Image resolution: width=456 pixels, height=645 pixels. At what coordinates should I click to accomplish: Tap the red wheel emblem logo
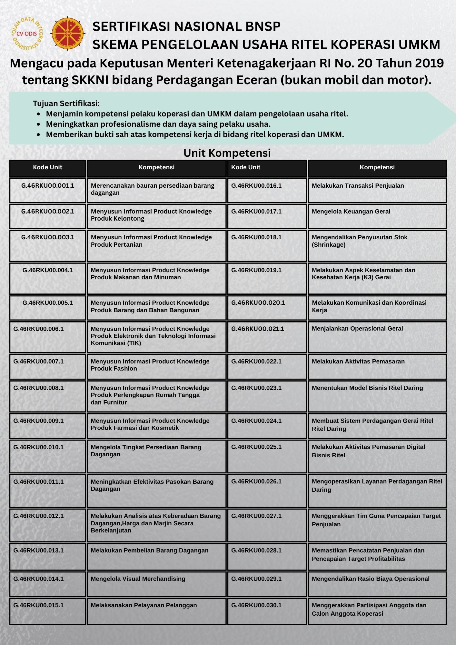[68, 34]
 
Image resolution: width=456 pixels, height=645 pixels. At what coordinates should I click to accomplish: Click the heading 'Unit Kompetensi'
[227, 153]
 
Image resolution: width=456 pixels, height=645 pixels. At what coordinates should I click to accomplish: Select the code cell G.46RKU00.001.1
[48, 186]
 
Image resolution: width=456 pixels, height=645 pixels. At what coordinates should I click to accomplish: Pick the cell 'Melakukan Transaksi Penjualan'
[358, 186]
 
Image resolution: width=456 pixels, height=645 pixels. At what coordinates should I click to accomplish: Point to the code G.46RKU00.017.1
[256, 212]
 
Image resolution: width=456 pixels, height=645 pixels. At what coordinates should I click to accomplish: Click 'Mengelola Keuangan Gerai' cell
[351, 212]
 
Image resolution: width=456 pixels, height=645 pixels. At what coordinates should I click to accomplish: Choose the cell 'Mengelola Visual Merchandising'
[138, 579]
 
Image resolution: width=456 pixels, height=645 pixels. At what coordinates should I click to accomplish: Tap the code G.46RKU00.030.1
[256, 605]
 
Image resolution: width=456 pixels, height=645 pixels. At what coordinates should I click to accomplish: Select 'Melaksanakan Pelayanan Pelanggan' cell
[144, 605]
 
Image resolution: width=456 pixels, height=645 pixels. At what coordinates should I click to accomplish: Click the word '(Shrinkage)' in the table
[329, 245]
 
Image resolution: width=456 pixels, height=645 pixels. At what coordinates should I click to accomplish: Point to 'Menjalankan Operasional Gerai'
[357, 329]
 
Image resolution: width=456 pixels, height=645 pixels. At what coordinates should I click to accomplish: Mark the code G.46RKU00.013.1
[39, 551]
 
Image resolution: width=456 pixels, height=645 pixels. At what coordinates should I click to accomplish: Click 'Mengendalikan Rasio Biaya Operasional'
[371, 579]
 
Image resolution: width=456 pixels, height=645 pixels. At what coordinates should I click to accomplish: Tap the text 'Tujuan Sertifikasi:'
[66, 104]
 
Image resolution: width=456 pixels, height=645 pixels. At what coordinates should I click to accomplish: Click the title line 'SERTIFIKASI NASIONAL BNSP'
[186, 26]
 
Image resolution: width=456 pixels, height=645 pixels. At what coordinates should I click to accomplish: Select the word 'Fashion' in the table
[125, 369]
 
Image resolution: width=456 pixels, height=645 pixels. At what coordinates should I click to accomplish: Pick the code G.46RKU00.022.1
[256, 362]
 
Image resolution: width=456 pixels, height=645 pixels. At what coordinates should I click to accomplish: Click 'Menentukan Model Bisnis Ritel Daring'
[367, 388]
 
